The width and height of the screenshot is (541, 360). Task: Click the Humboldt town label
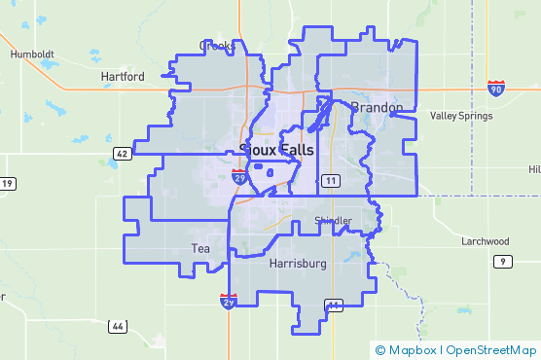(x=32, y=54)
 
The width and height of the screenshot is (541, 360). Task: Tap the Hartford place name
(x=123, y=76)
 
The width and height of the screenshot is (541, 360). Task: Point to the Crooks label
(x=215, y=46)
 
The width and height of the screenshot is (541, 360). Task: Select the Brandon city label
(x=376, y=107)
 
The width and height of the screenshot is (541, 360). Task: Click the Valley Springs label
(x=457, y=116)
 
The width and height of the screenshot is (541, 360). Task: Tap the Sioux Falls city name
(x=278, y=149)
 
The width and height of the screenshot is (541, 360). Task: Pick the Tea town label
(x=200, y=249)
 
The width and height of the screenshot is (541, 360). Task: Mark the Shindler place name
(x=333, y=222)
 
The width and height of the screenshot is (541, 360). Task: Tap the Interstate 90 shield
(x=496, y=89)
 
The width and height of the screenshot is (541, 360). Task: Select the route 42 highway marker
(x=121, y=154)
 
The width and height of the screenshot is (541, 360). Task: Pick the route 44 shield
(x=117, y=326)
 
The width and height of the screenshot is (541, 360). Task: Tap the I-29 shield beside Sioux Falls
(x=238, y=176)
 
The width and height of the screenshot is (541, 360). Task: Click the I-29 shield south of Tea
(x=229, y=302)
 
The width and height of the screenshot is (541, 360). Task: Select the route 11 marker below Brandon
(x=331, y=181)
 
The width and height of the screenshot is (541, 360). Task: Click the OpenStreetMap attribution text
(x=492, y=349)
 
